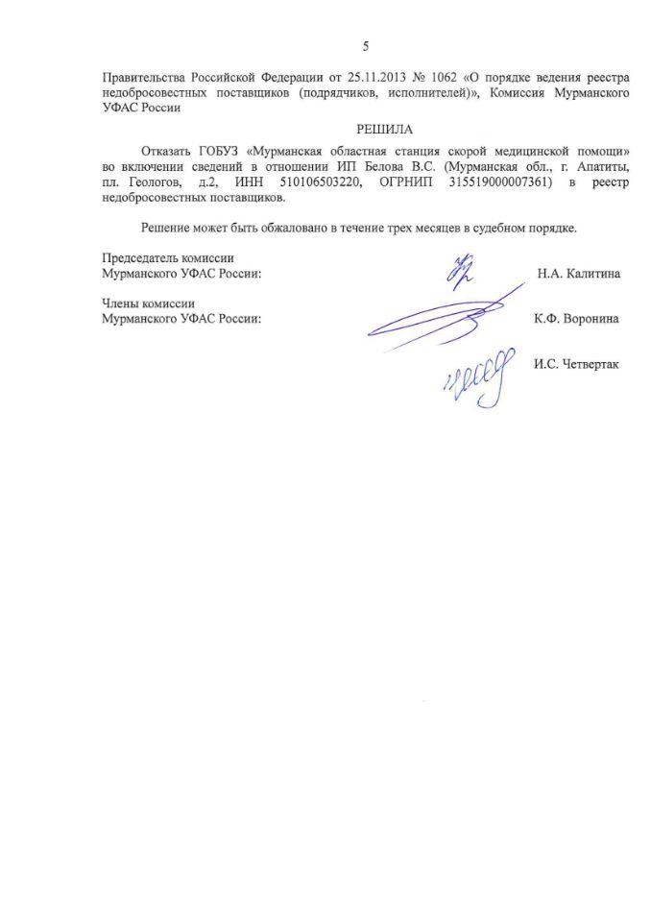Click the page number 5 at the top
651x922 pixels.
(366, 46)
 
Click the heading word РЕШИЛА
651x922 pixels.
(366, 129)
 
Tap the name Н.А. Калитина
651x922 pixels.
(578, 273)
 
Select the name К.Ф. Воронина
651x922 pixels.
(576, 318)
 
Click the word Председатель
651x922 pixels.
(139, 258)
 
